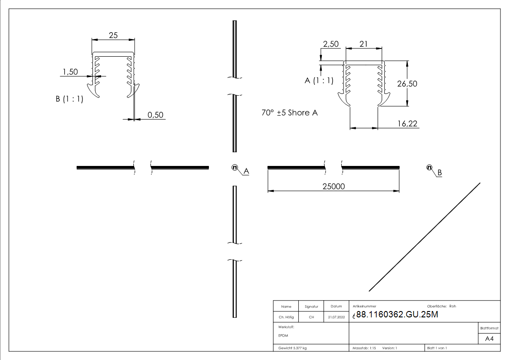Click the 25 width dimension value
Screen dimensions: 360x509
tap(113, 35)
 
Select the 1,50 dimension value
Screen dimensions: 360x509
tap(70, 72)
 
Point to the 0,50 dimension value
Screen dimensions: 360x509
tap(155, 115)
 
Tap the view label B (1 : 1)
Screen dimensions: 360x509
tap(69, 99)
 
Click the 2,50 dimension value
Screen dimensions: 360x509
tap(330, 44)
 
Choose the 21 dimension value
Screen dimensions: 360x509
tap(363, 44)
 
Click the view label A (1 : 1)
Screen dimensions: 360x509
tap(319, 81)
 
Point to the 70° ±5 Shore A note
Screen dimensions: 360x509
tap(289, 113)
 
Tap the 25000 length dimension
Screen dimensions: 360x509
tap(334, 186)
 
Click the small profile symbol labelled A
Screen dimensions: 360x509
tap(235, 167)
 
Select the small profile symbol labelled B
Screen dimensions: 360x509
tap(429, 168)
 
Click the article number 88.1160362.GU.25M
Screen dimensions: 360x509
tap(397, 315)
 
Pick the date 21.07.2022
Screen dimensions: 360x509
tap(336, 317)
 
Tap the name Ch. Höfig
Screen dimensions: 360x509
tap(286, 317)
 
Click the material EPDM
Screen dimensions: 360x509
tap(283, 336)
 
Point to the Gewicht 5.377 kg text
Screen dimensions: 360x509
tap(292, 348)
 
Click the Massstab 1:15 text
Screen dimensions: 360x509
tap(364, 348)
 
